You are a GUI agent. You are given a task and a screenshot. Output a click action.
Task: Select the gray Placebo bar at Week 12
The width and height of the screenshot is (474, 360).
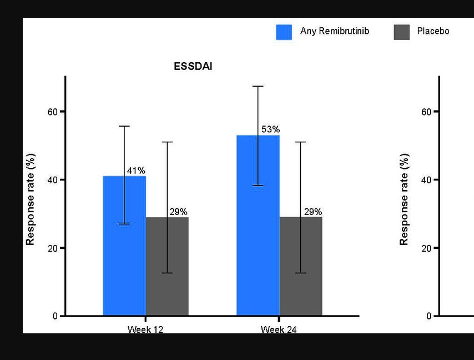tap(167, 266)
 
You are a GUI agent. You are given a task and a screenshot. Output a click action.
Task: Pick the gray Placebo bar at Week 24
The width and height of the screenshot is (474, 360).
tap(301, 266)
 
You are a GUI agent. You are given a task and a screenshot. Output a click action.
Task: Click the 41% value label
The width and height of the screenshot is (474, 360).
tap(137, 171)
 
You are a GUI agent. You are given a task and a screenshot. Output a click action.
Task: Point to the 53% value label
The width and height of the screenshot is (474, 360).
tap(270, 129)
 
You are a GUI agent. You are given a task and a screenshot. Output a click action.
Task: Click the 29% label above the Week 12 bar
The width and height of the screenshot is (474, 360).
tap(179, 212)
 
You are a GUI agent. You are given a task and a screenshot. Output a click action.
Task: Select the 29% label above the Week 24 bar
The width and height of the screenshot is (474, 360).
tap(313, 212)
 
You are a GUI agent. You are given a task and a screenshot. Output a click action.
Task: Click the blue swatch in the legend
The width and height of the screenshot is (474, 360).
tap(284, 32)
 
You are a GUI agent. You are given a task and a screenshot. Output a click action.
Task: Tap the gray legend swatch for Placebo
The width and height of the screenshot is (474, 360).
tap(401, 32)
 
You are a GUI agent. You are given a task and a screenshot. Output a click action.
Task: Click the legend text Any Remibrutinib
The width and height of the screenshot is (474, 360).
tap(334, 31)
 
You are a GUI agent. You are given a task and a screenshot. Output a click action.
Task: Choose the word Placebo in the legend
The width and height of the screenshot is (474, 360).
tap(433, 31)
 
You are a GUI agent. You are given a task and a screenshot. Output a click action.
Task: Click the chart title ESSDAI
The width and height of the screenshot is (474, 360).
tap(193, 67)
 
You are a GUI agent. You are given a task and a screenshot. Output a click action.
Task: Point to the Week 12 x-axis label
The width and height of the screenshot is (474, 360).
tap(145, 329)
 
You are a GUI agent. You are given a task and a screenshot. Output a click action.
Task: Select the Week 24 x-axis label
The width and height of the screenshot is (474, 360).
tap(279, 329)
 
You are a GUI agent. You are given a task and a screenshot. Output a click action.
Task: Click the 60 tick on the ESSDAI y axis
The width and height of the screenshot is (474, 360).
tap(53, 112)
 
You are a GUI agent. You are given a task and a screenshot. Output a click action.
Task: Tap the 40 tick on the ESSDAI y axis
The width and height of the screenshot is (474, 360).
tap(53, 180)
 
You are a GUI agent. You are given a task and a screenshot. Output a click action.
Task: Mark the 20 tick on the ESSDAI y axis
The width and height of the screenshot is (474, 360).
tap(53, 248)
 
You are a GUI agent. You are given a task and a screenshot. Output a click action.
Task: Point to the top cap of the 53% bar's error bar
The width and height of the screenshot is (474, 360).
tap(258, 86)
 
